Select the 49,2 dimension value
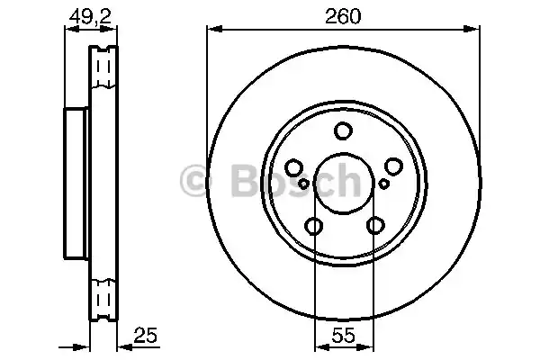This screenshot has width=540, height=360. click(x=85, y=15)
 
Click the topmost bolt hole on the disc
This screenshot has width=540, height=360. click(x=343, y=131)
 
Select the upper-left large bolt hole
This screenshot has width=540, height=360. click(x=293, y=167)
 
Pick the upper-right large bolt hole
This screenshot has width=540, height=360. click(x=393, y=167)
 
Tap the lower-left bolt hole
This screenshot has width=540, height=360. click(x=313, y=226)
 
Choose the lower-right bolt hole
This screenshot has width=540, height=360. click(x=373, y=226)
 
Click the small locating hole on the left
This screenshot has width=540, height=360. click(x=303, y=184)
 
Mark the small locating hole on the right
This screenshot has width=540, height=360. click(x=383, y=184)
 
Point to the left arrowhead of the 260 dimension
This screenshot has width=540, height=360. click(x=212, y=31)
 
